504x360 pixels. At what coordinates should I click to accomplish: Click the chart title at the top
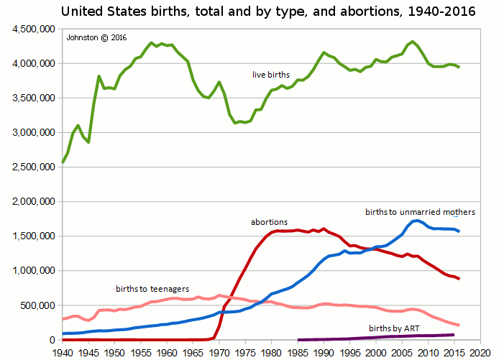(x=267, y=12)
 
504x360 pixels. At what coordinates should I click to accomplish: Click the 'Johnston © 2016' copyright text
(x=96, y=38)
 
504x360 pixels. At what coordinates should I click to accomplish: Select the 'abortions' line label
(x=269, y=223)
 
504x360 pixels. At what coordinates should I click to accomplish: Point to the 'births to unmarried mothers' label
(x=420, y=212)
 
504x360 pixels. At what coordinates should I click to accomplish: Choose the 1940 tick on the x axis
(x=63, y=352)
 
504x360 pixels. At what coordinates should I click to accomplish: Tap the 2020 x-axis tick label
(x=480, y=352)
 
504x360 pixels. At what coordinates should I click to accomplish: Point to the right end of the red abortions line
(x=459, y=279)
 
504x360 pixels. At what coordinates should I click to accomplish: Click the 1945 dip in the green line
(x=89, y=142)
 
